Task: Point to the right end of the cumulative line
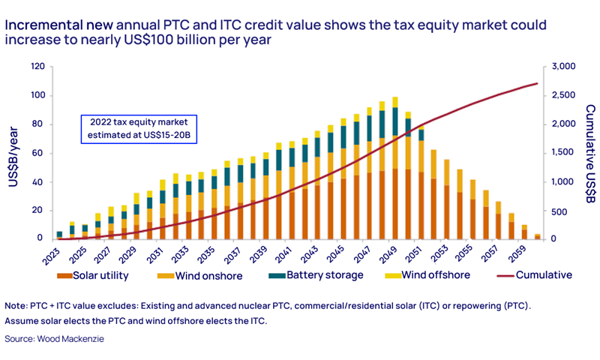[x=537, y=83]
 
